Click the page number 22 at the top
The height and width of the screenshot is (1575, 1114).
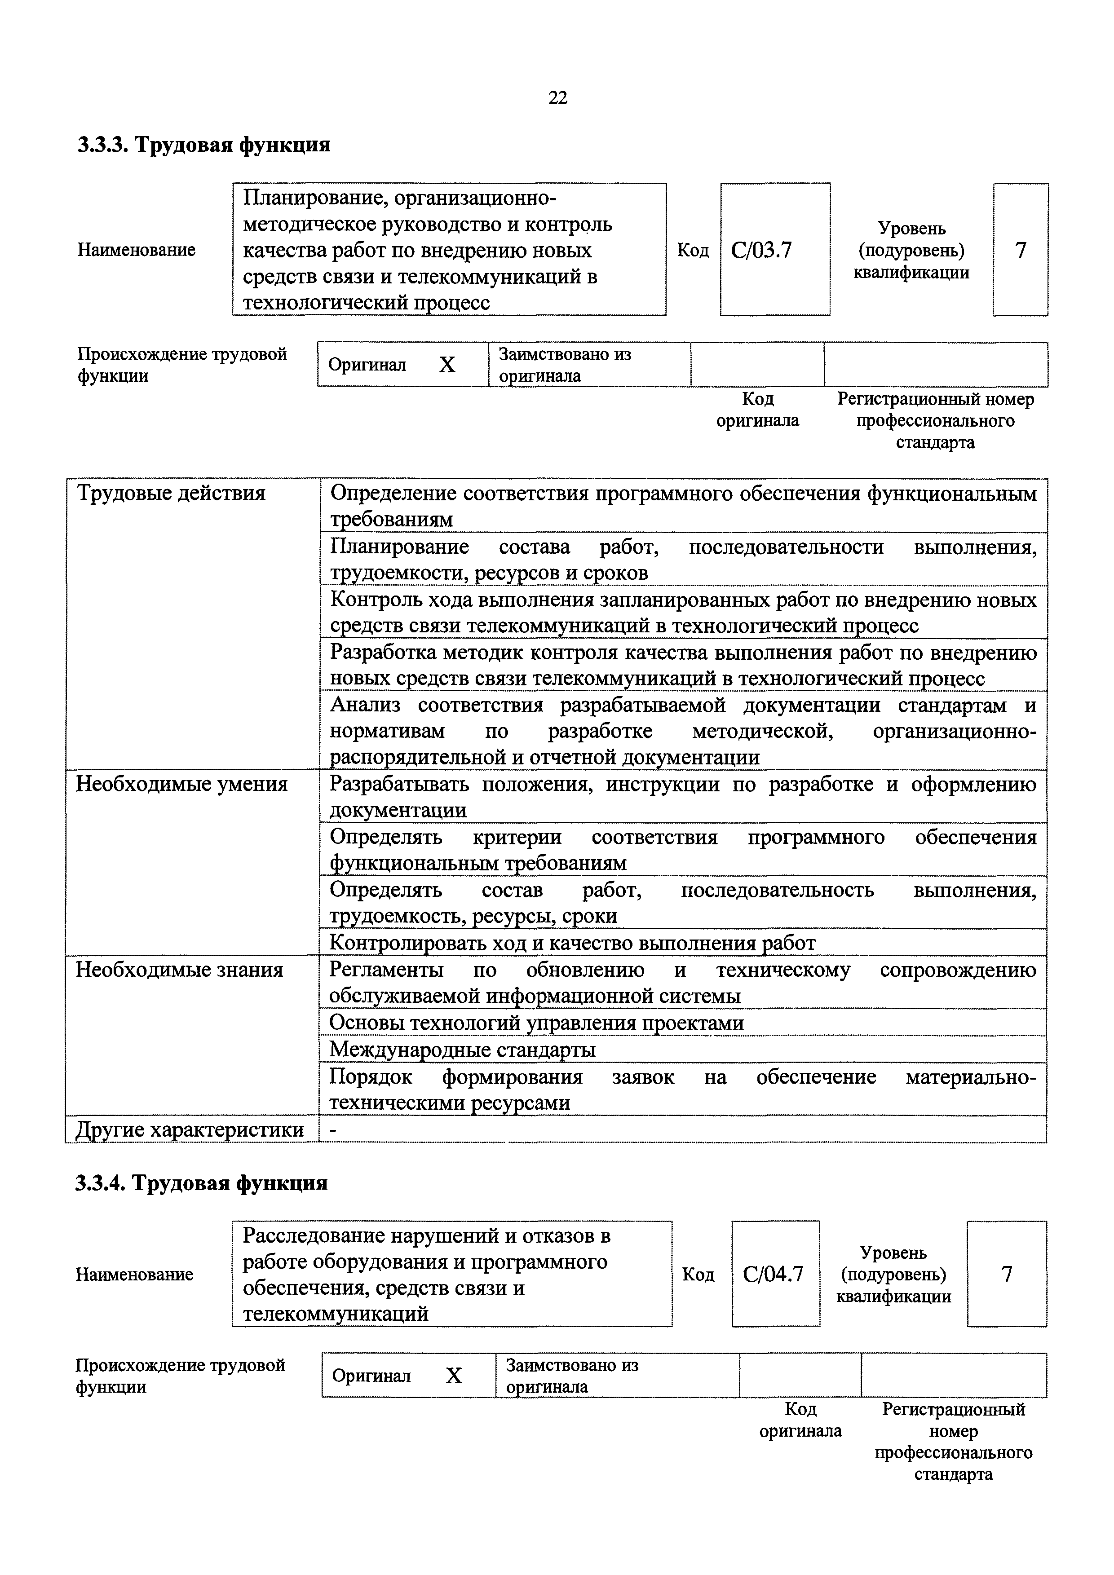558,98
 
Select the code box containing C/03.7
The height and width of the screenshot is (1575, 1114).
774,250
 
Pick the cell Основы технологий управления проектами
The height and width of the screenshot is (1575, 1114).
536,1023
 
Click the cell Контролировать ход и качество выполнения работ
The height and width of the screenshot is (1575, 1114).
572,943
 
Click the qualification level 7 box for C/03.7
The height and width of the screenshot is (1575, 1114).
1020,250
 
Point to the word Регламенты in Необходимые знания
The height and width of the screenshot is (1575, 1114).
385,970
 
